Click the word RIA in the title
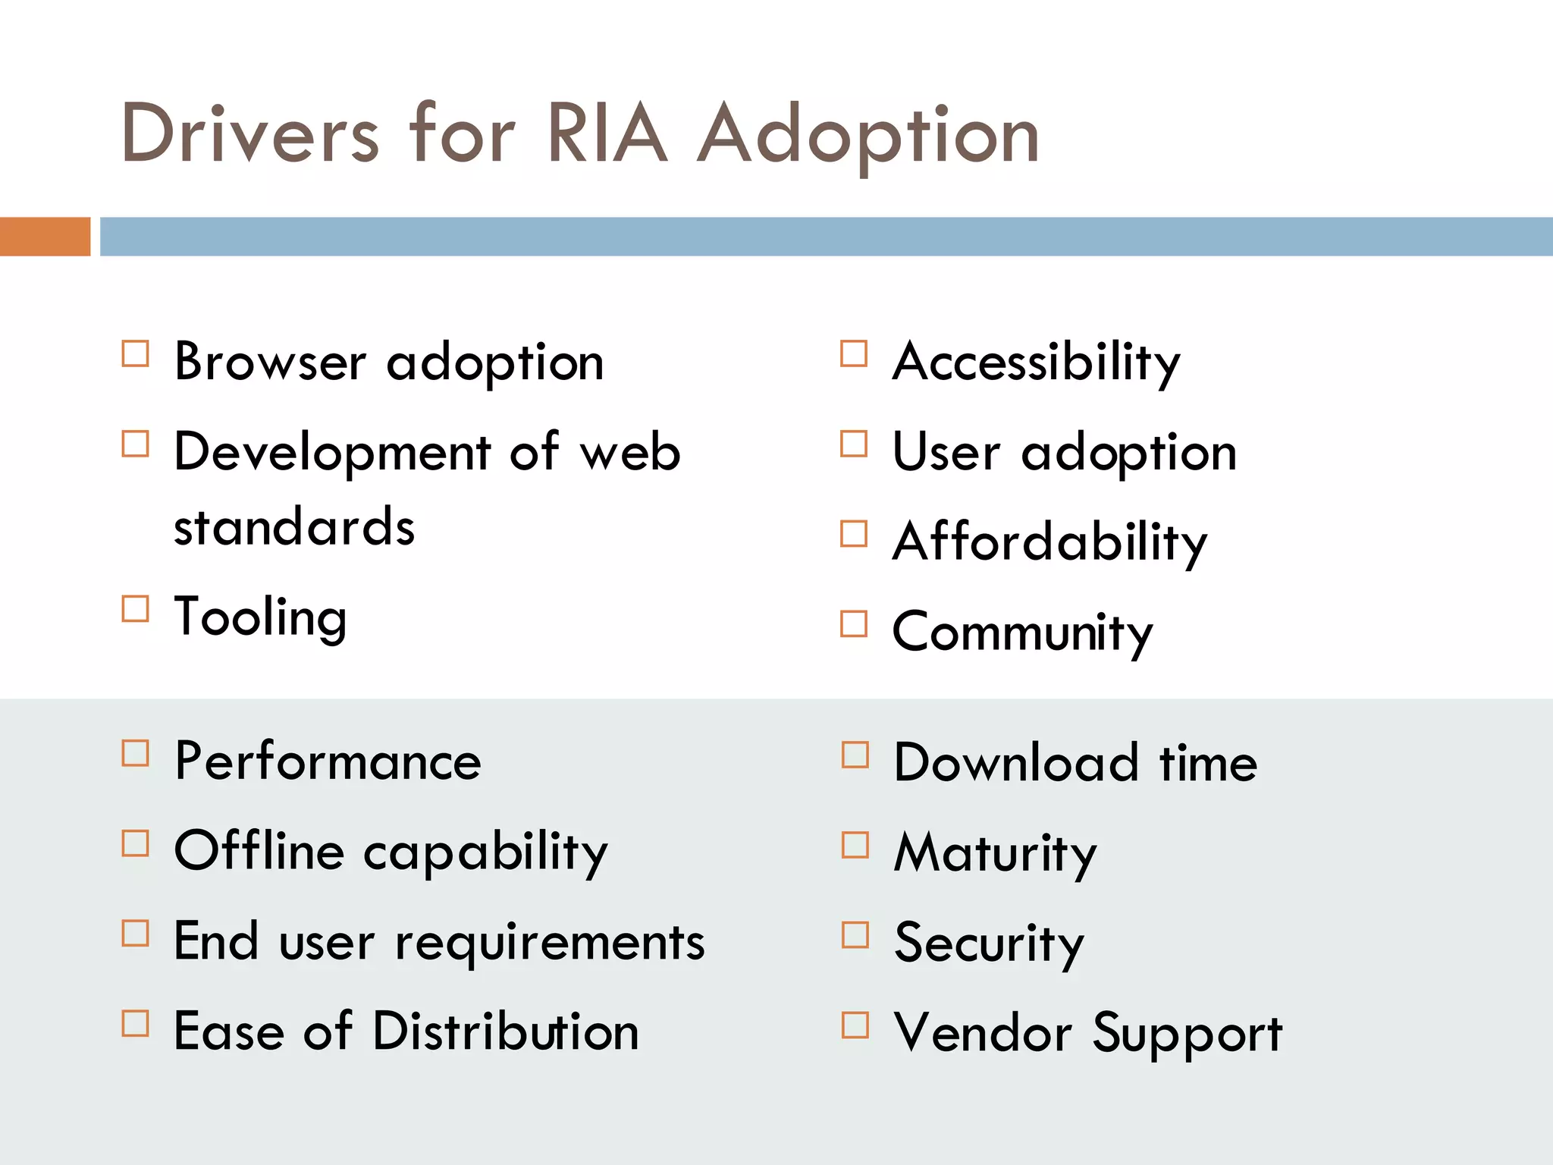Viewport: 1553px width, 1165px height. (x=607, y=135)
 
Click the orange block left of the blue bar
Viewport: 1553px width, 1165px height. (x=45, y=237)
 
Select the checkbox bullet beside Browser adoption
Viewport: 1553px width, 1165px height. (x=136, y=354)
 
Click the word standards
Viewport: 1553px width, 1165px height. (x=294, y=526)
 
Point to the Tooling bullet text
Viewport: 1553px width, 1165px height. (x=261, y=617)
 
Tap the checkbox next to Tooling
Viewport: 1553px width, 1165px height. (x=136, y=609)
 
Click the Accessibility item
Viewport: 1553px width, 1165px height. (x=1036, y=363)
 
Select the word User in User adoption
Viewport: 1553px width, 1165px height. (x=946, y=452)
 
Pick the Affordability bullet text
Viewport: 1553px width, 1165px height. (x=1049, y=543)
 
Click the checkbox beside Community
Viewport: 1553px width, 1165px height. (x=854, y=624)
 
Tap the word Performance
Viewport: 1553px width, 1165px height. (x=328, y=761)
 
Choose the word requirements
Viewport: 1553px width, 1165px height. (x=551, y=943)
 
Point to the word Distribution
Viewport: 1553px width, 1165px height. (x=506, y=1032)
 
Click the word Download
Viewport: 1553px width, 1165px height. (x=1016, y=762)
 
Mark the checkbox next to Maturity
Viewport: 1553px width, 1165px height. (x=855, y=845)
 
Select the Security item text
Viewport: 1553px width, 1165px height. (x=989, y=944)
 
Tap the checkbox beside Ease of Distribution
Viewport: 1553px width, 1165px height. (x=136, y=1024)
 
